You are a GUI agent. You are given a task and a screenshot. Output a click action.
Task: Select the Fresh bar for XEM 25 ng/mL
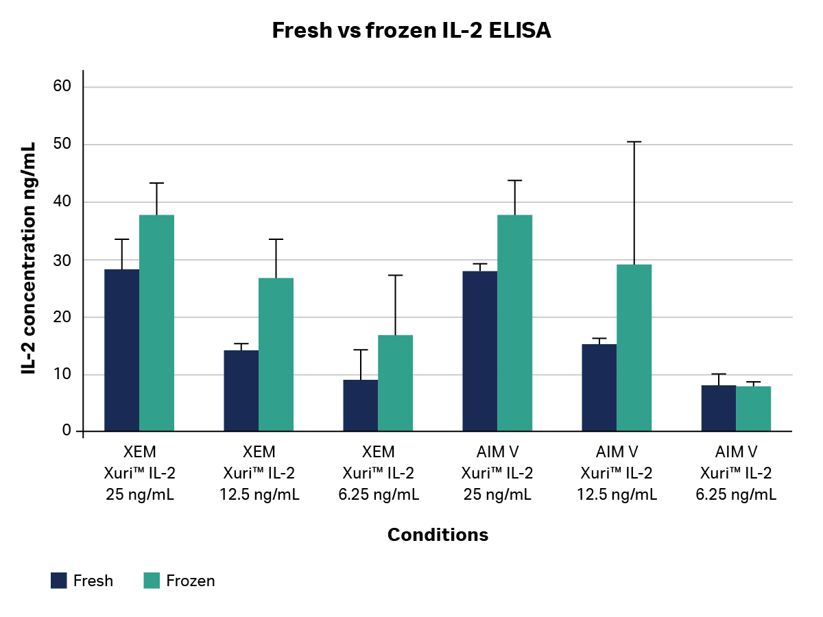122,350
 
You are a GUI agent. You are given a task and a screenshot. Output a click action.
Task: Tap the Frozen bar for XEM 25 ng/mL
156,322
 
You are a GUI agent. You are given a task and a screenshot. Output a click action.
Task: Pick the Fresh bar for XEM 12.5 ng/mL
241,391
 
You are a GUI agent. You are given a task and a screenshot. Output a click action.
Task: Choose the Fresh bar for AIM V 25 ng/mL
480,351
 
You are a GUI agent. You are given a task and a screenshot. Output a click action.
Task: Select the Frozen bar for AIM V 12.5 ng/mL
634,348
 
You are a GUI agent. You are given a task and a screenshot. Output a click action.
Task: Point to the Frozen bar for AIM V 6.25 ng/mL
753,409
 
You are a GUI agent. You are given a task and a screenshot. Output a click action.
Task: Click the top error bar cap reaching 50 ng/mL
634,142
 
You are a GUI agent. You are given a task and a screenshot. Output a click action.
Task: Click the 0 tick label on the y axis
67,430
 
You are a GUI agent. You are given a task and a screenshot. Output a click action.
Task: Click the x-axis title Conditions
438,535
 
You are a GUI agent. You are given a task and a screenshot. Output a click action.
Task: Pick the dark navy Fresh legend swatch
59,581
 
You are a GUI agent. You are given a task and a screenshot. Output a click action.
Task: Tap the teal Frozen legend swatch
152,581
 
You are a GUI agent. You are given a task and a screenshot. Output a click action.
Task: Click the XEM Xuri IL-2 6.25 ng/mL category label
379,473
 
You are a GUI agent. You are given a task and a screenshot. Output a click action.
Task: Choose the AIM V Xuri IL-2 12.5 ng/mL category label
617,473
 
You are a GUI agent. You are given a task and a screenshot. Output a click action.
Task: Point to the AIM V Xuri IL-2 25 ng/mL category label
497,473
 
